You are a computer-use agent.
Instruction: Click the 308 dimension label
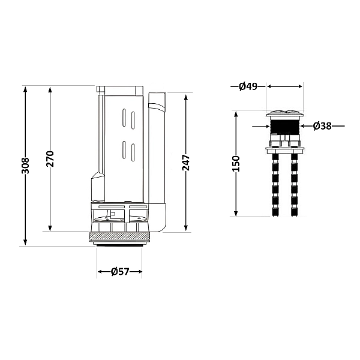pos(25,166)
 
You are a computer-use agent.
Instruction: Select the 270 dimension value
pos(50,158)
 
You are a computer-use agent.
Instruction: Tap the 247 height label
pos(186,163)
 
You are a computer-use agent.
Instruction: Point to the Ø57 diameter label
pos(120,272)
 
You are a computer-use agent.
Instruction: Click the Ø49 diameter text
pos(248,86)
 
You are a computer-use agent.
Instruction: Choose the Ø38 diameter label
pos(322,126)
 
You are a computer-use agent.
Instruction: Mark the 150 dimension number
pos(236,164)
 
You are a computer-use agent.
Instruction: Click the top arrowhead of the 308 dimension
pos(25,88)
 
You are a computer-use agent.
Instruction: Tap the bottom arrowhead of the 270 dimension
pos(50,230)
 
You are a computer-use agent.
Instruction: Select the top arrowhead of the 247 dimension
pos(186,96)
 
